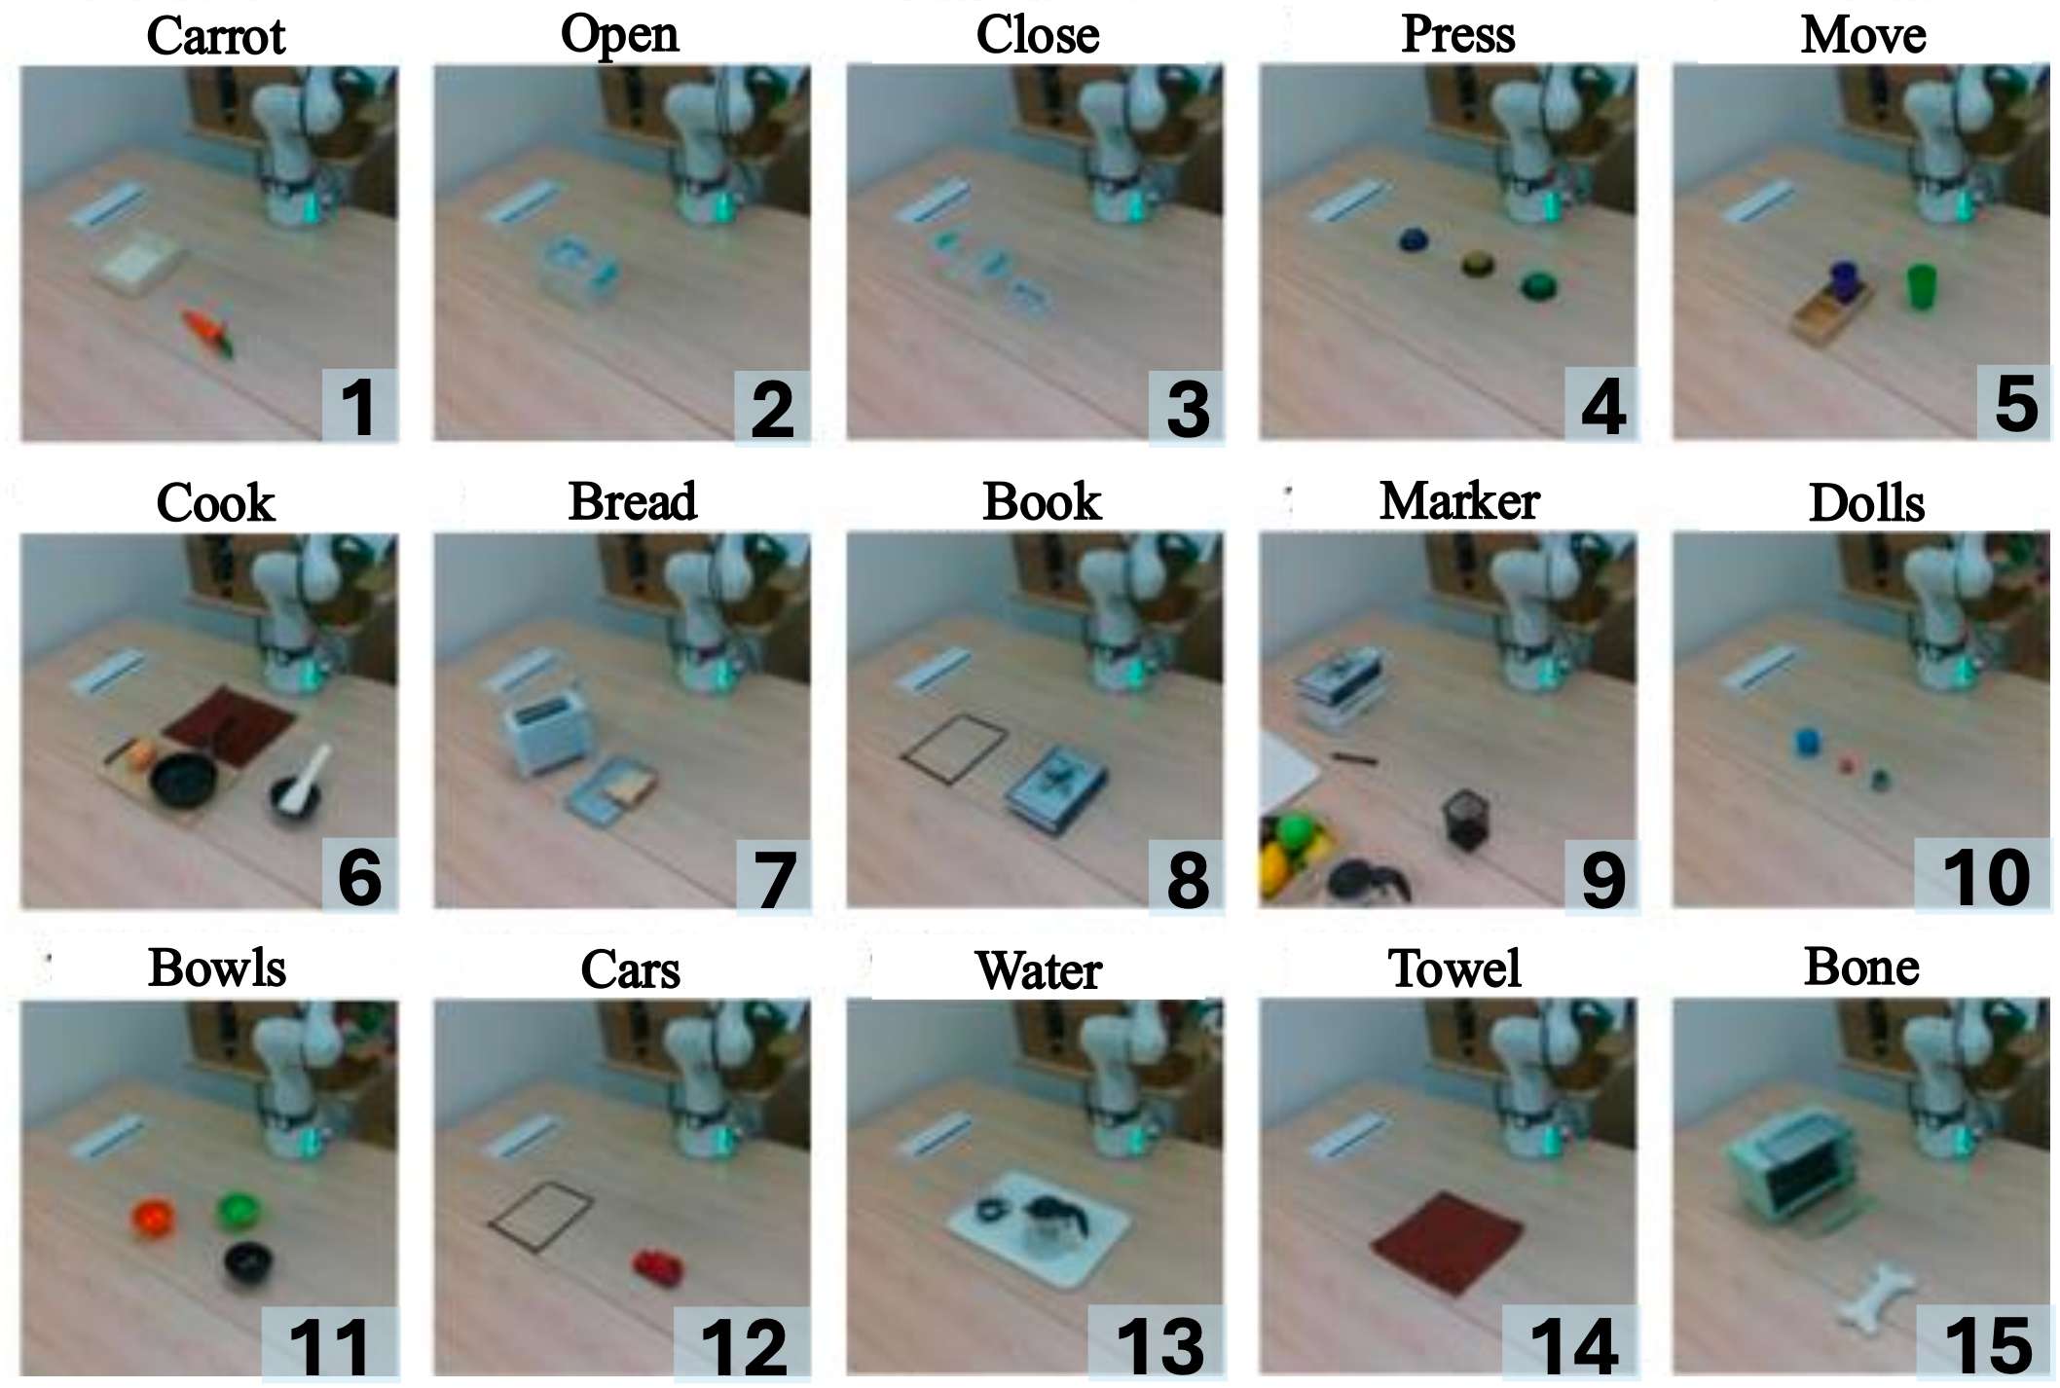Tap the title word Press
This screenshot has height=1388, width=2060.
tap(1457, 35)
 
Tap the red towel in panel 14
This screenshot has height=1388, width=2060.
tap(1447, 1242)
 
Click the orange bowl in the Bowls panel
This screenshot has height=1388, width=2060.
tap(154, 1218)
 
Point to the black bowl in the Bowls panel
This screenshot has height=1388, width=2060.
tap(248, 1262)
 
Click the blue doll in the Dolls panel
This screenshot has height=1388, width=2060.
tap(1807, 742)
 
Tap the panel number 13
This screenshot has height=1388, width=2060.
tap(1159, 1347)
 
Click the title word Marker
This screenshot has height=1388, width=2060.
tap(1459, 502)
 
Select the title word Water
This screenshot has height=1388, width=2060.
tap(1038, 970)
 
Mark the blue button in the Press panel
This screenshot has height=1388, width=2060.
tap(1412, 239)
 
